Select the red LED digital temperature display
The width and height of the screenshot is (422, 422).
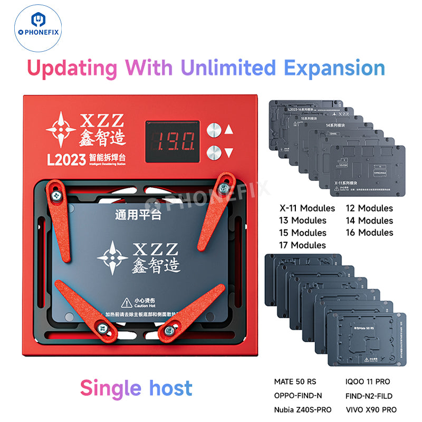(172, 141)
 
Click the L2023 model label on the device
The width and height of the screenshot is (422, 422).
(64, 160)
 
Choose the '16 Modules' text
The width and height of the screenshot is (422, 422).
(369, 232)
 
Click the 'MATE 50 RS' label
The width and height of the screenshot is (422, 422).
(297, 381)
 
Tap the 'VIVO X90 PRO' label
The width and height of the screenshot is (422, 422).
(371, 410)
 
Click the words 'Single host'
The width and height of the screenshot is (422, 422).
(136, 388)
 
